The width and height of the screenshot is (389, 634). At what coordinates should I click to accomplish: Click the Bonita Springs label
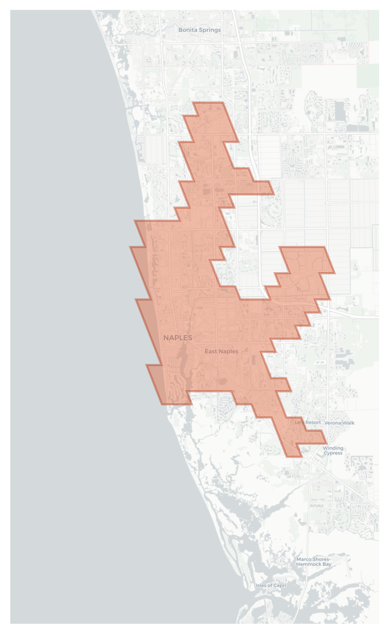click(199, 30)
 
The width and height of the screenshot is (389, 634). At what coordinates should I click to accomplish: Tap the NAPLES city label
click(178, 338)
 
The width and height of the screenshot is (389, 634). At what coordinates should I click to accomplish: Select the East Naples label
click(221, 351)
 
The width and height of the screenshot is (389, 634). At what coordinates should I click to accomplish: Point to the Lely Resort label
click(308, 423)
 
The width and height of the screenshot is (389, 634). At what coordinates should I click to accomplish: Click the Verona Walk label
click(339, 423)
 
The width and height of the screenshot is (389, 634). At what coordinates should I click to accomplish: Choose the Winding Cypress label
click(333, 451)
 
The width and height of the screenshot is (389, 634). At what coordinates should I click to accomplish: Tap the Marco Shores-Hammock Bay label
click(314, 562)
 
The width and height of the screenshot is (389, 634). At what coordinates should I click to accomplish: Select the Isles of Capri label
click(271, 585)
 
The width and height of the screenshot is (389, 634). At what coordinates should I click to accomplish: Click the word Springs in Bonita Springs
click(210, 30)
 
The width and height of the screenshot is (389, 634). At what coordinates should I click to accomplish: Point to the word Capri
click(280, 585)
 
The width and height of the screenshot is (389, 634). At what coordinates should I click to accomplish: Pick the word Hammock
click(309, 564)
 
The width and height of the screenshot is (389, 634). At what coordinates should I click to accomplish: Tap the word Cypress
click(333, 453)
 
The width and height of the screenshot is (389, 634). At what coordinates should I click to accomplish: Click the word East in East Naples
click(211, 351)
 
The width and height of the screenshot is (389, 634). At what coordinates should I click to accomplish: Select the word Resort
click(313, 423)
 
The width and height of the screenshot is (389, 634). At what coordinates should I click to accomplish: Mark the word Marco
click(304, 559)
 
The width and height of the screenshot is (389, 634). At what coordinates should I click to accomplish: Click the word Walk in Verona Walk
click(348, 423)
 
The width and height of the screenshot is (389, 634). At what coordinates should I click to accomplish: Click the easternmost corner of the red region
click(335, 273)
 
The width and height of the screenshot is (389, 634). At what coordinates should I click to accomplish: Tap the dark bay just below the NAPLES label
click(182, 358)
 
